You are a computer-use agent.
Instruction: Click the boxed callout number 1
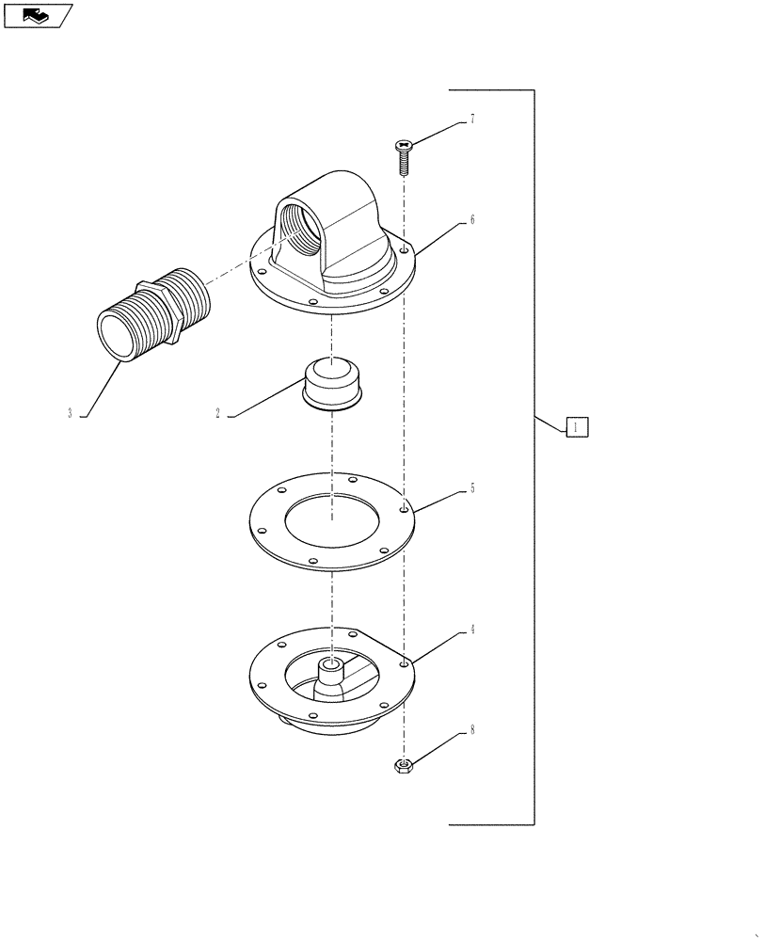coord(578,426)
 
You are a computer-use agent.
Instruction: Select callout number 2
coord(217,413)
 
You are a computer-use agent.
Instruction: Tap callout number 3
coord(70,413)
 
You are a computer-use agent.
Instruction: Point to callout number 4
coord(471,630)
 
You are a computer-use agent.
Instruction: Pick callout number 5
coord(471,489)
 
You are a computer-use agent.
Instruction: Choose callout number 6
coord(471,220)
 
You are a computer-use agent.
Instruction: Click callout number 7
coord(471,120)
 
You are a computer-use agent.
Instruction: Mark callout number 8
coord(471,729)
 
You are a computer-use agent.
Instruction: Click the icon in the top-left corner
coord(37,15)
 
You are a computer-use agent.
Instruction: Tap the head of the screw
coord(404,145)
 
